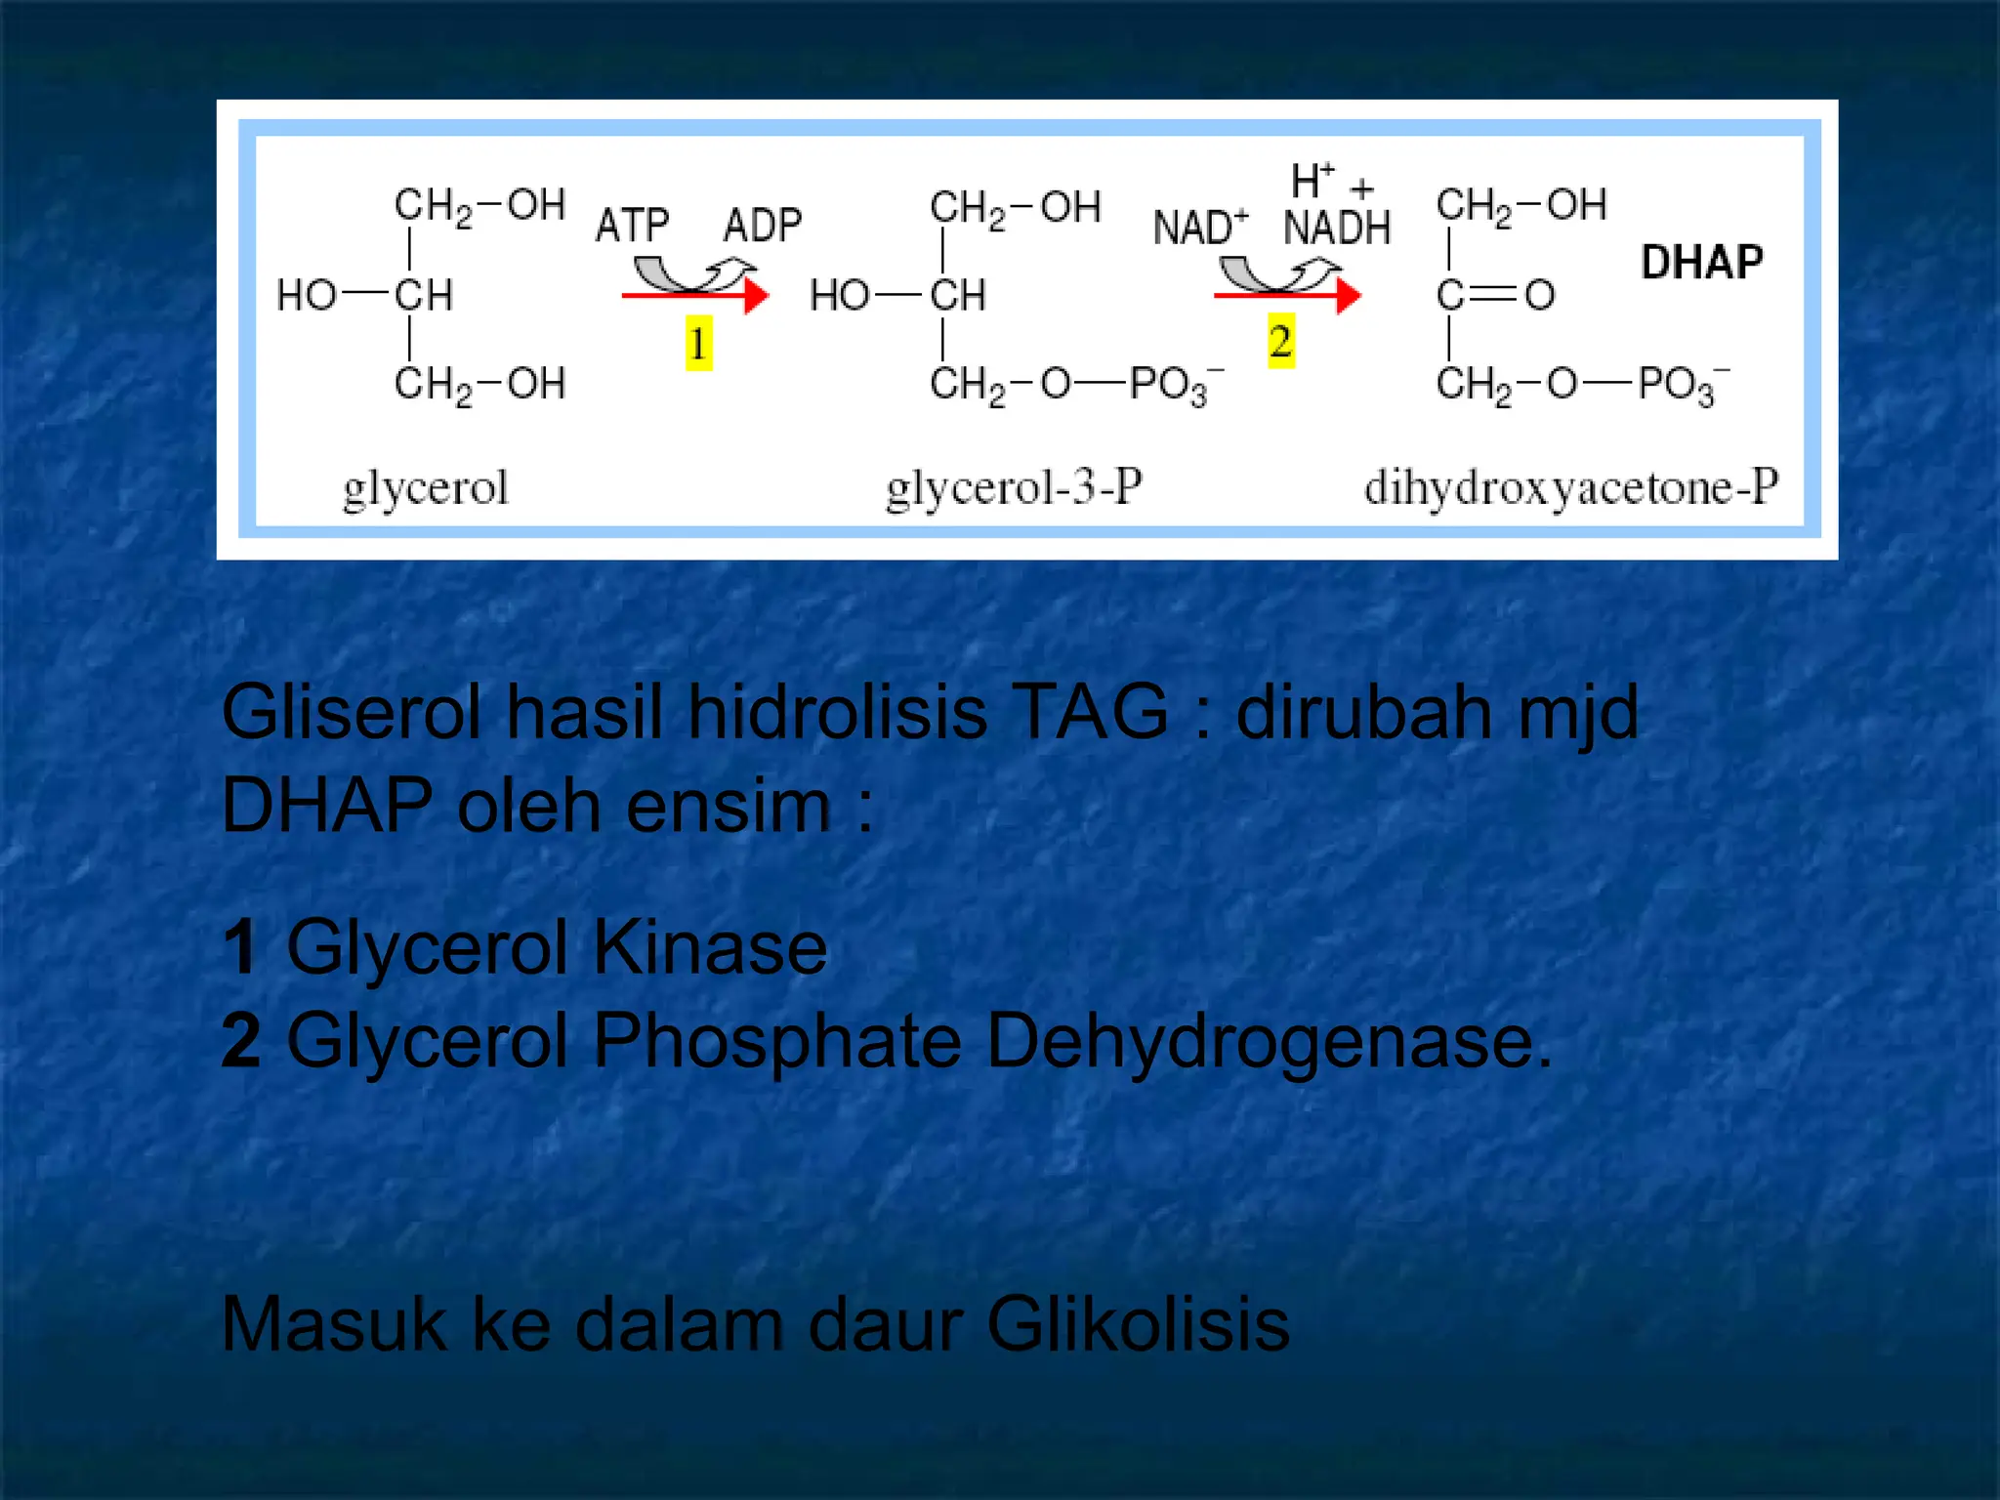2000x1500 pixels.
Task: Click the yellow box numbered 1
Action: pos(698,343)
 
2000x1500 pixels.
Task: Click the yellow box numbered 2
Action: pos(1281,341)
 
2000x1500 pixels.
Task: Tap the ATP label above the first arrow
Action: pos(633,226)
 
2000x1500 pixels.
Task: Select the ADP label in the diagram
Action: pos(763,226)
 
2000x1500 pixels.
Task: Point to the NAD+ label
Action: pos(1200,228)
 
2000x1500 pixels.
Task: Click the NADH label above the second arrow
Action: pos(1337,228)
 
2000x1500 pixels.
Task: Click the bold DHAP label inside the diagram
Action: pos(1702,262)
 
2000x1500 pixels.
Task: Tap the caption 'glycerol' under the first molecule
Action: pos(426,487)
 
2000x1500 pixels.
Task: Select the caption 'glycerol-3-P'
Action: pos(1014,487)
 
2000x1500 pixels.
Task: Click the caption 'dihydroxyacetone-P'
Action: pos(1571,487)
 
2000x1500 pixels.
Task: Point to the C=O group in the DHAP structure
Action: pos(1495,295)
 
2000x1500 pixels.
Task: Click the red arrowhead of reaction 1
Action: pos(756,295)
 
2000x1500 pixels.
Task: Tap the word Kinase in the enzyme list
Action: pos(710,947)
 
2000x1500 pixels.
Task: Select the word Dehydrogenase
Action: pos(1268,1041)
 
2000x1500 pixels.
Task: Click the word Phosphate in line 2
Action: pos(777,1041)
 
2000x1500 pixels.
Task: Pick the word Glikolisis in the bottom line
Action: pos(1138,1324)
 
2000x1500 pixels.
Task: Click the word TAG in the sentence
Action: pos(1090,711)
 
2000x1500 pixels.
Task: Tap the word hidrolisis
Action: pos(837,711)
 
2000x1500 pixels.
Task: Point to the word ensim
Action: pos(728,807)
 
